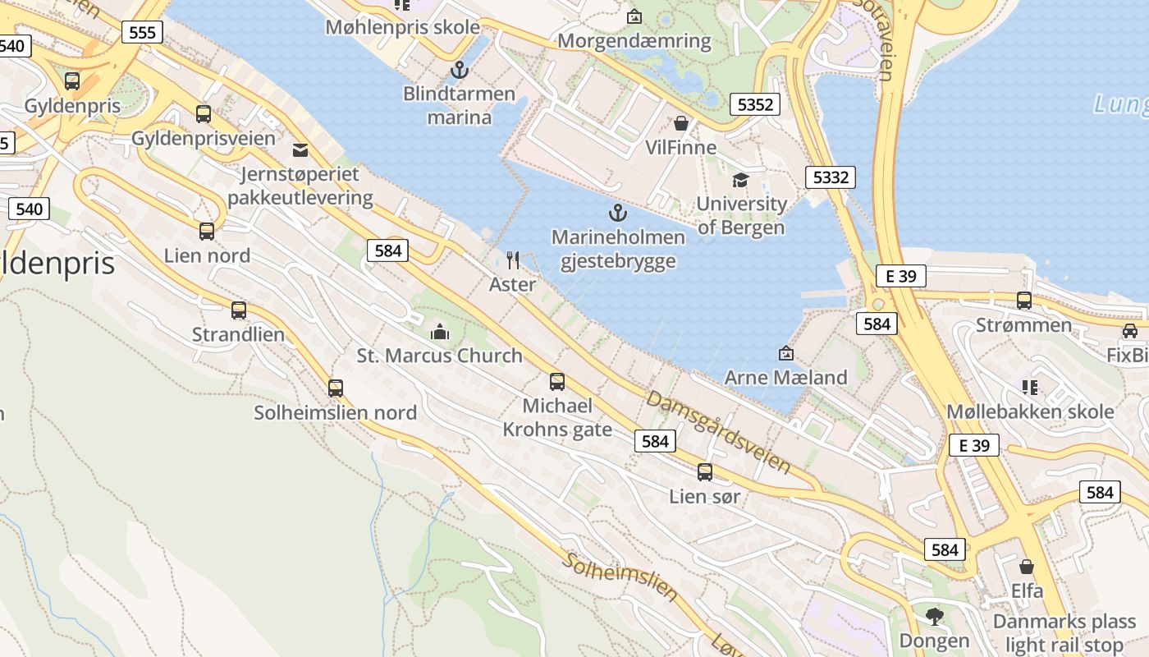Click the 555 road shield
pos(142,32)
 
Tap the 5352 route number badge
pos(754,104)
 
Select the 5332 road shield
pos(830,177)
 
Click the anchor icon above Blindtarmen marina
pos(459,70)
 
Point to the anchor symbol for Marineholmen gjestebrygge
pos(617,214)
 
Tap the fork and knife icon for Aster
pos(513,260)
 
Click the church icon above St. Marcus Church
pos(440,333)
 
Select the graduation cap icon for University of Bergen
pos(740,180)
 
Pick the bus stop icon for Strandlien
pos(239,310)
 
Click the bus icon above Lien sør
pos(705,472)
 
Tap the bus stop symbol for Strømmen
pos(1024,301)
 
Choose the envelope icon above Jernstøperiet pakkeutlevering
pos(300,150)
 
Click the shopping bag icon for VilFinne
pos(680,124)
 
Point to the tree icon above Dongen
pos(934,616)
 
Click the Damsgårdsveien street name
pos(719,432)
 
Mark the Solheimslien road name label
pos(620,577)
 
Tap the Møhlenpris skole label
pos(402,27)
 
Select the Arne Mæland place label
pos(785,378)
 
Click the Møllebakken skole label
pos(1030,411)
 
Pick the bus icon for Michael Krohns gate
pos(557,382)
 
